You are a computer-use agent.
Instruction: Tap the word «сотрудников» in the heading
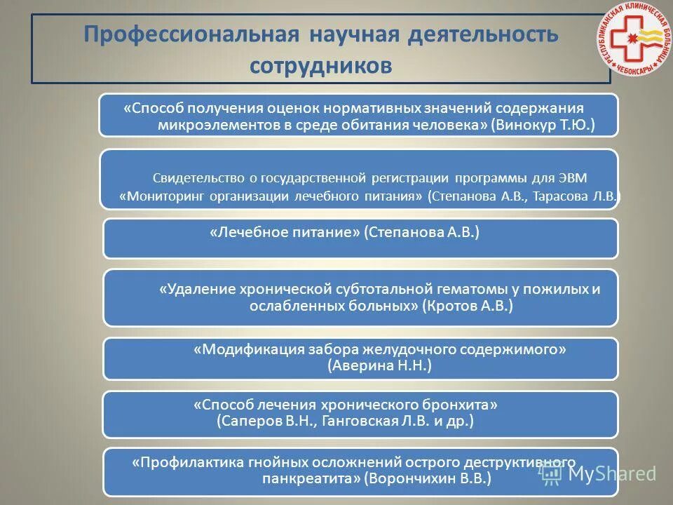320,65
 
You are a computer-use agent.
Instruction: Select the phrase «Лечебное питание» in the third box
284,232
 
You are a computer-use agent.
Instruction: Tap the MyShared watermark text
611,473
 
